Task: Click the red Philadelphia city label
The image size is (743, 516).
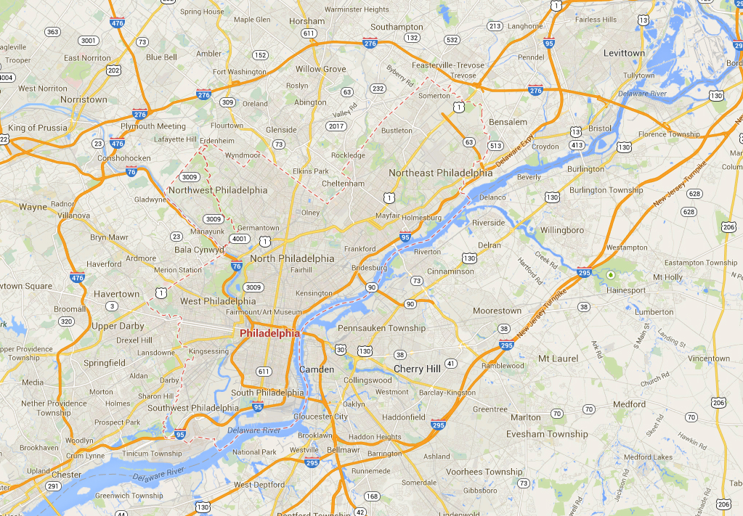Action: pyautogui.click(x=269, y=334)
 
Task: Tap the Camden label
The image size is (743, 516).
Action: pyautogui.click(x=317, y=369)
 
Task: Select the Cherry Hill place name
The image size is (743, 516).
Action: pyautogui.click(x=417, y=369)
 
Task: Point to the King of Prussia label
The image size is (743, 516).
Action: pyautogui.click(x=37, y=128)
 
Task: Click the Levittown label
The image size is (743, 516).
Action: pyautogui.click(x=624, y=53)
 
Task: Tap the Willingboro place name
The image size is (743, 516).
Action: pyautogui.click(x=562, y=230)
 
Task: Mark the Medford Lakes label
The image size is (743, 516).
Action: pyautogui.click(x=648, y=457)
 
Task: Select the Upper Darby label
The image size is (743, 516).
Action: pyautogui.click(x=118, y=326)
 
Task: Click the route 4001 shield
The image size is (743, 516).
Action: pyautogui.click(x=239, y=239)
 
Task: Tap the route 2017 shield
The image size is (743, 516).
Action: pyautogui.click(x=336, y=126)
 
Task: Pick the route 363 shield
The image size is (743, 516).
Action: pyautogui.click(x=52, y=32)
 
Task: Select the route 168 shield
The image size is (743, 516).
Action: pyautogui.click(x=372, y=496)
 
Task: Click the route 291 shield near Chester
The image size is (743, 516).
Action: pyautogui.click(x=52, y=487)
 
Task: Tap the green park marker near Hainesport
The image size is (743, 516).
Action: pyautogui.click(x=610, y=275)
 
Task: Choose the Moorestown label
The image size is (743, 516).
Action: pyautogui.click(x=497, y=311)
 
